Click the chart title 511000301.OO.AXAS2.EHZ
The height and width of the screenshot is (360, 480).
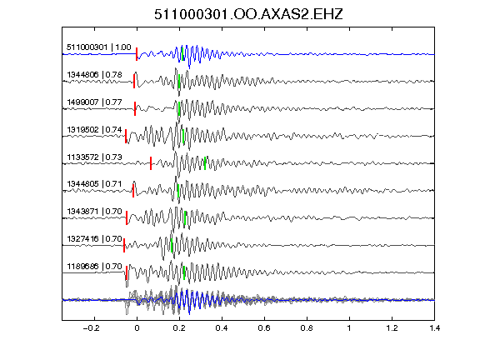248,14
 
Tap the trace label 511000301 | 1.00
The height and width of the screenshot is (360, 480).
99,47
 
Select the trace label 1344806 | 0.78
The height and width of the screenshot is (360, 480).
95,75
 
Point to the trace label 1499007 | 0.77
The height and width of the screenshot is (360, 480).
95,102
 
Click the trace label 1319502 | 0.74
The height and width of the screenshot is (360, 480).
95,129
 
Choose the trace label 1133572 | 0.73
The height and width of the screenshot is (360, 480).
95,157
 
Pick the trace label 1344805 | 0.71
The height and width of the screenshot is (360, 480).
95,183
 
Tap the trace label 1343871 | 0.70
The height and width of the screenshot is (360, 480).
95,211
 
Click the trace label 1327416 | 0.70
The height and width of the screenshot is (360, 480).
95,238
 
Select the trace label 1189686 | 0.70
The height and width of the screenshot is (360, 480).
95,267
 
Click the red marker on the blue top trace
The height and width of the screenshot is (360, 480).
137,54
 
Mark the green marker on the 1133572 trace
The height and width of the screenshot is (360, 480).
205,163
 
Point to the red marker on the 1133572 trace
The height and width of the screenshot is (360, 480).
151,163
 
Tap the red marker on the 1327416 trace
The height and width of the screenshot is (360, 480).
124,246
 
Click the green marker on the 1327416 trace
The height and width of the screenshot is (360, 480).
172,246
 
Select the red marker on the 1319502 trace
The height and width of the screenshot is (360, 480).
126,136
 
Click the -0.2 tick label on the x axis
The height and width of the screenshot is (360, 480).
91,328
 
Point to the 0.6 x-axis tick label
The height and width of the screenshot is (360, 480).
264,328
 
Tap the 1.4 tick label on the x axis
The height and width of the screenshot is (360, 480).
434,328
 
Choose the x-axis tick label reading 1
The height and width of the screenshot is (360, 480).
349,328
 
